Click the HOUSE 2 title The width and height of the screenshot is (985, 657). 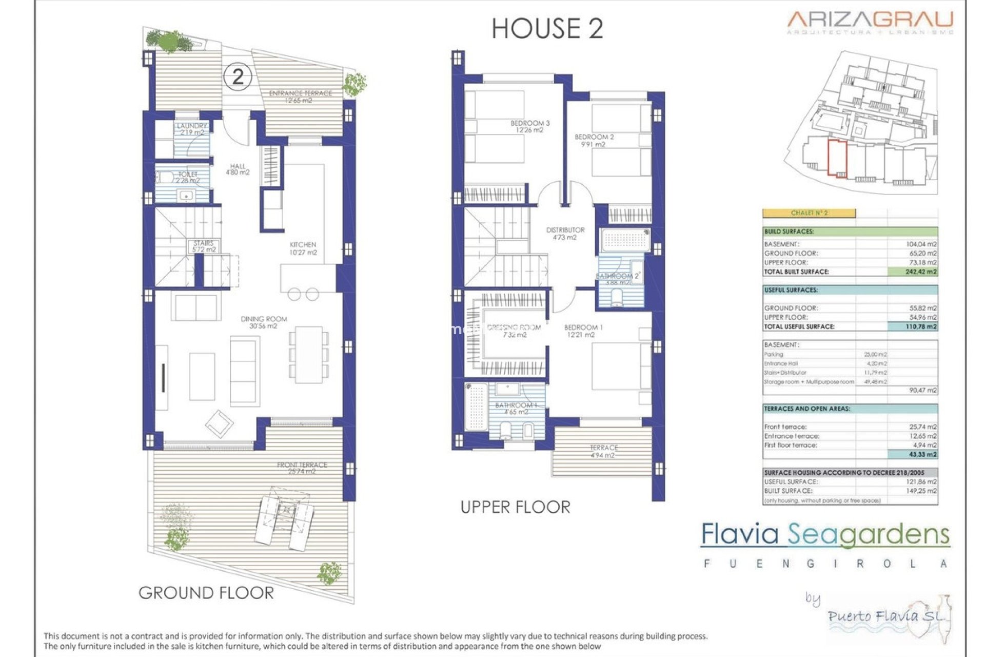tap(547, 29)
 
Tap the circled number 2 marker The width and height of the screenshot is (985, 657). tap(238, 77)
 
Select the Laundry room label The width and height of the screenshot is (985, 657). tap(191, 129)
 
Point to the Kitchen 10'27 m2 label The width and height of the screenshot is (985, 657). tap(303, 248)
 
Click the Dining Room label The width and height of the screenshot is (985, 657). tap(264, 322)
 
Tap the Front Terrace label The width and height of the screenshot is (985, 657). tap(302, 468)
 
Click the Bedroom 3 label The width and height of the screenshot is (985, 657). tap(529, 126)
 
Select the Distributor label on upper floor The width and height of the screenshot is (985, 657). tap(565, 233)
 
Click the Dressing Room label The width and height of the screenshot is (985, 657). tap(514, 331)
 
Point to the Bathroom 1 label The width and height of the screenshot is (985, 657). tap(516, 408)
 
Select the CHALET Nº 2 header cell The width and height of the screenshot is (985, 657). tap(809, 213)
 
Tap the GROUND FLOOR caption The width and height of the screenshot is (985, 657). tap(206, 593)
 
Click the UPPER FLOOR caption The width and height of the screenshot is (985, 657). tap(515, 507)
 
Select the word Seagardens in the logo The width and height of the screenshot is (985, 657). tap(868, 535)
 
